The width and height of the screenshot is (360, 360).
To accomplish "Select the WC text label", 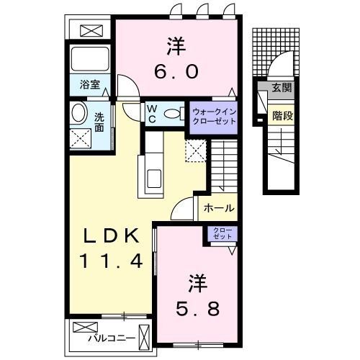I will (153, 113).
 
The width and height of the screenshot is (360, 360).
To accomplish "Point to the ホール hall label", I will (218, 207).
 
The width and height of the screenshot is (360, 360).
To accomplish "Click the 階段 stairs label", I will (281, 113).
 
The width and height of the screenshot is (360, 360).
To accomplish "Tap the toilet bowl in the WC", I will (174, 113).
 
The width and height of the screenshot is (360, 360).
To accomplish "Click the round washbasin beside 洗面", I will (79, 113).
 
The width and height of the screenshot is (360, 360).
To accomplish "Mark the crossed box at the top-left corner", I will (92, 31).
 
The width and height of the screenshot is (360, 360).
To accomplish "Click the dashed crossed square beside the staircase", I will (196, 150).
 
